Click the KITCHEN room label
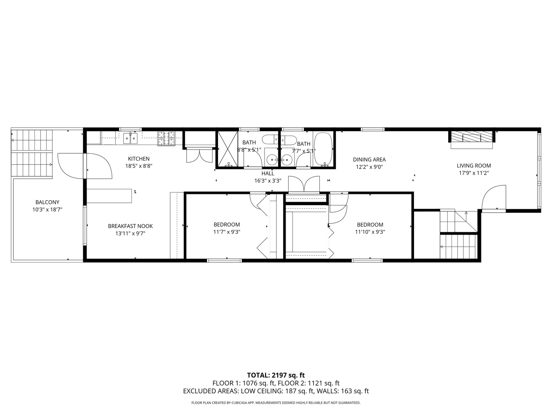tap(138, 159)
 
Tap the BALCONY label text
tap(47, 202)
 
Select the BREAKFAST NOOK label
tap(130, 226)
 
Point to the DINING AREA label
tap(369, 159)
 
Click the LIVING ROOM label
tap(473, 166)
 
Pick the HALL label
tap(268, 173)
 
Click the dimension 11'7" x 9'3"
tap(227, 232)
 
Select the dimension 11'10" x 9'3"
tap(370, 232)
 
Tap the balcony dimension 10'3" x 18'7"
tap(47, 210)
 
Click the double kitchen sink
tap(130, 138)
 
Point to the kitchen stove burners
tap(166, 138)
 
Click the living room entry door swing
tap(494, 197)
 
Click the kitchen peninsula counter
tap(109, 195)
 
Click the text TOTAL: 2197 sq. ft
tap(276, 375)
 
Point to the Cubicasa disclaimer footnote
tap(276, 403)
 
